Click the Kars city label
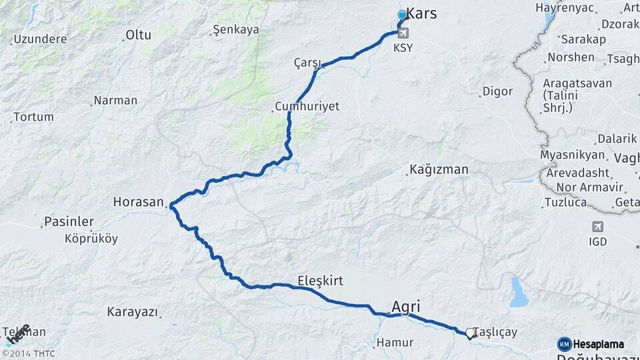[x=421, y=13]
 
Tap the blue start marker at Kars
[x=402, y=15]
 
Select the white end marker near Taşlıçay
[x=470, y=333]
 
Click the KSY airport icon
[x=403, y=33]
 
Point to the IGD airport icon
[x=597, y=227]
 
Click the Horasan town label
[x=139, y=201]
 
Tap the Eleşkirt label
[x=320, y=281]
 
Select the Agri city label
[x=405, y=307]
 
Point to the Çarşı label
[x=307, y=62]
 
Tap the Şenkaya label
[x=234, y=30]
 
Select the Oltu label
[x=139, y=35]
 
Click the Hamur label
[x=395, y=343]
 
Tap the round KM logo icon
[x=564, y=344]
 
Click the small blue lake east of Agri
[x=519, y=292]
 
